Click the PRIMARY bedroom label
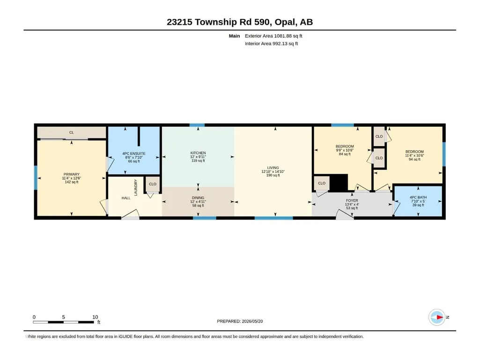pyautogui.click(x=71, y=174)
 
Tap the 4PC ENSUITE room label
pyautogui.click(x=134, y=154)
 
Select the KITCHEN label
pyautogui.click(x=198, y=153)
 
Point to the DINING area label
pyautogui.click(x=198, y=198)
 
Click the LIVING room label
pyautogui.click(x=273, y=168)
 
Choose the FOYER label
pyautogui.click(x=352, y=200)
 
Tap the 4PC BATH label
pyautogui.click(x=418, y=198)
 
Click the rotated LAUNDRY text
pyautogui.click(x=136, y=187)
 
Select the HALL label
pyautogui.click(x=126, y=198)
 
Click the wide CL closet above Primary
pyautogui.click(x=71, y=132)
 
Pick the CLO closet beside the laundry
pyautogui.click(x=153, y=184)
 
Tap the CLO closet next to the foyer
pyautogui.click(x=321, y=183)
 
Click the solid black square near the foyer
pyautogui.click(x=339, y=183)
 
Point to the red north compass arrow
pyautogui.click(x=440, y=317)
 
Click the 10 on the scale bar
pyautogui.click(x=95, y=317)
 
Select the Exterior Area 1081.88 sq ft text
pyautogui.click(x=273, y=36)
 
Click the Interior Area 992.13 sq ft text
pyautogui.click(x=271, y=44)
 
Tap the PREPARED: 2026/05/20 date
pyautogui.click(x=240, y=321)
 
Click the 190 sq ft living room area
pyautogui.click(x=273, y=176)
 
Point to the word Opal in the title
pyautogui.click(x=285, y=22)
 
